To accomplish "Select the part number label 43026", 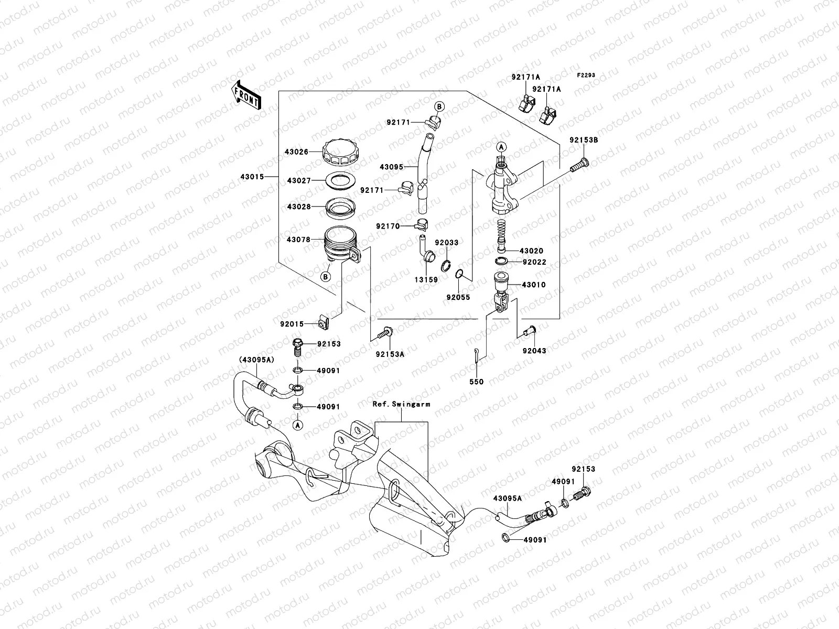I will (x=297, y=152).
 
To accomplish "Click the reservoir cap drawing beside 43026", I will (x=341, y=153).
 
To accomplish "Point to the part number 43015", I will (x=253, y=177).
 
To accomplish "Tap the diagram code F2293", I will (x=587, y=75).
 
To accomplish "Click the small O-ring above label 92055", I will (x=458, y=274).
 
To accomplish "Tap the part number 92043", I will (x=534, y=351).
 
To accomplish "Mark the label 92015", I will (x=292, y=324).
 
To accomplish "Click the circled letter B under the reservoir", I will (x=326, y=277).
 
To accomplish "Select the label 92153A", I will (x=390, y=354).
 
